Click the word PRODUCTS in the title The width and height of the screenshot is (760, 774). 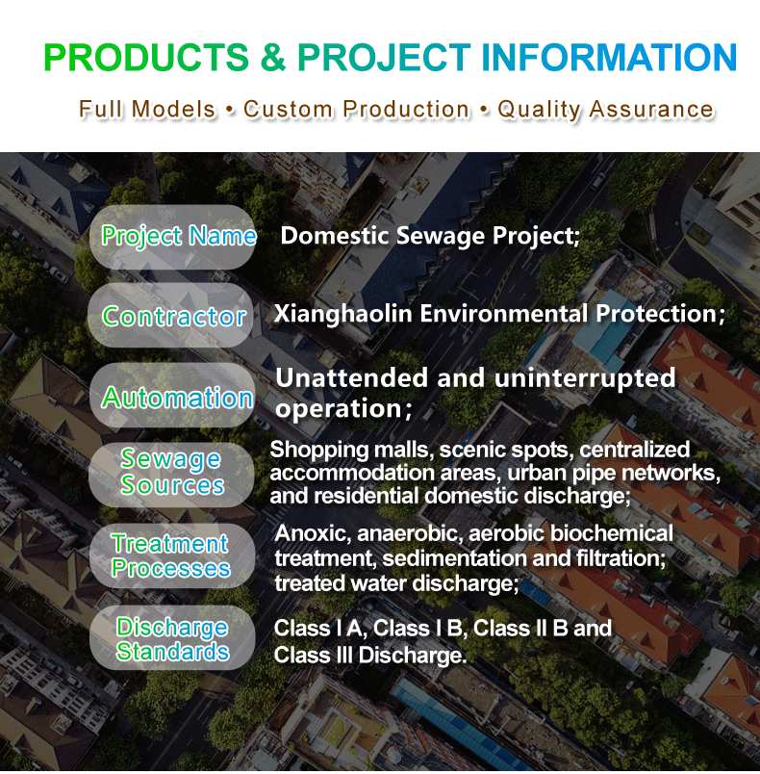tap(146, 57)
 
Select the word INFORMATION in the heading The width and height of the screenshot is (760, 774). tap(609, 57)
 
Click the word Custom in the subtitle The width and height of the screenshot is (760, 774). tap(289, 109)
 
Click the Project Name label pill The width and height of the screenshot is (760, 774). tap(172, 237)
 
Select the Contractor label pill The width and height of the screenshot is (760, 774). tap(170, 315)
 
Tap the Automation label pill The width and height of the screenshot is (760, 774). tap(172, 395)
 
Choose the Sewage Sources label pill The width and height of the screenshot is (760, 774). tap(171, 475)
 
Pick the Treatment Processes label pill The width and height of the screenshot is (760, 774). tap(172, 555)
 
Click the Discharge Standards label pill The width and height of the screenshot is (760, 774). tap(172, 637)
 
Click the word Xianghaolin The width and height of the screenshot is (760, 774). tap(342, 315)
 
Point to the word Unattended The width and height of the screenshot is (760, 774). tap(352, 378)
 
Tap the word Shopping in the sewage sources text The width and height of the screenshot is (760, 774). tap(319, 451)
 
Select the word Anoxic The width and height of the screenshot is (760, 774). tap(313, 534)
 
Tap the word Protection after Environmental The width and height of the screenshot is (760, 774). tap(660, 314)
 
